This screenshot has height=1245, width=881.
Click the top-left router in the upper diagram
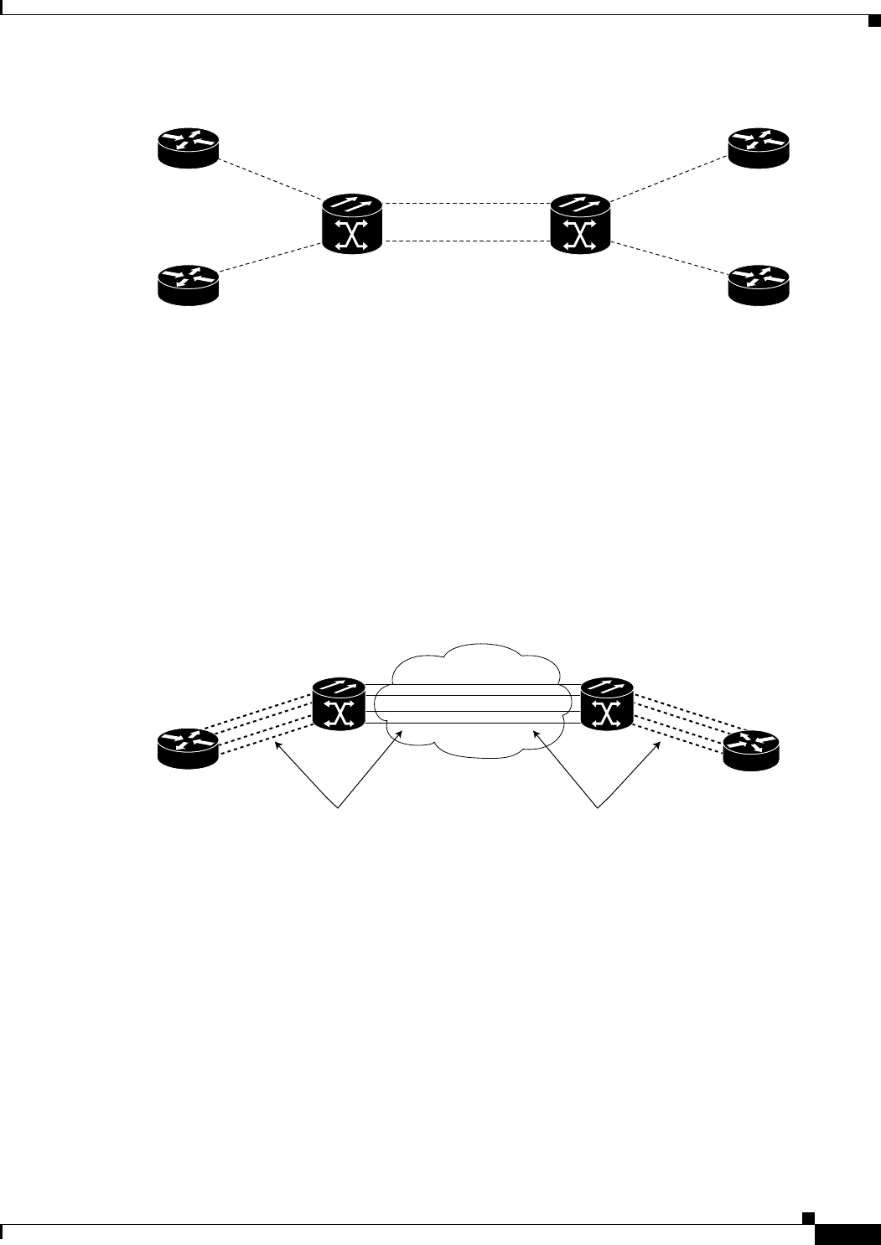(x=188, y=148)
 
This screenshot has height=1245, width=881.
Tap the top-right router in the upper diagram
(x=759, y=148)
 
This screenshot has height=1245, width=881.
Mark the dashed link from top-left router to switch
(x=270, y=178)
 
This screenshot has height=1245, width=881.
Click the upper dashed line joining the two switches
(x=466, y=203)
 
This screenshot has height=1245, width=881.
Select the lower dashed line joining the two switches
(x=466, y=241)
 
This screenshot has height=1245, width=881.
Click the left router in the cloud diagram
(x=188, y=746)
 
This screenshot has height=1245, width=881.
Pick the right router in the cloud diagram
(x=752, y=749)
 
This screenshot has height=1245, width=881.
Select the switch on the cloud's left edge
(x=339, y=703)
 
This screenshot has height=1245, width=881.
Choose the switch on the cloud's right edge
(x=606, y=703)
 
